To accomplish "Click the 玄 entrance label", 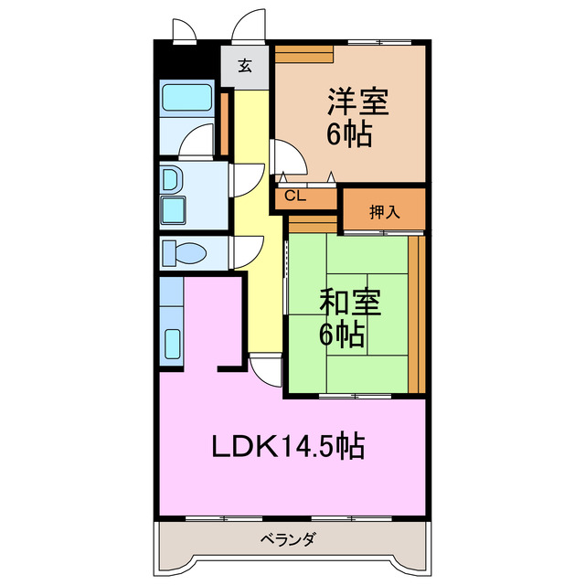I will tap(245, 66).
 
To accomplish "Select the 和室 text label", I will tap(351, 301).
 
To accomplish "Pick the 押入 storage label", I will tap(385, 212).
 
